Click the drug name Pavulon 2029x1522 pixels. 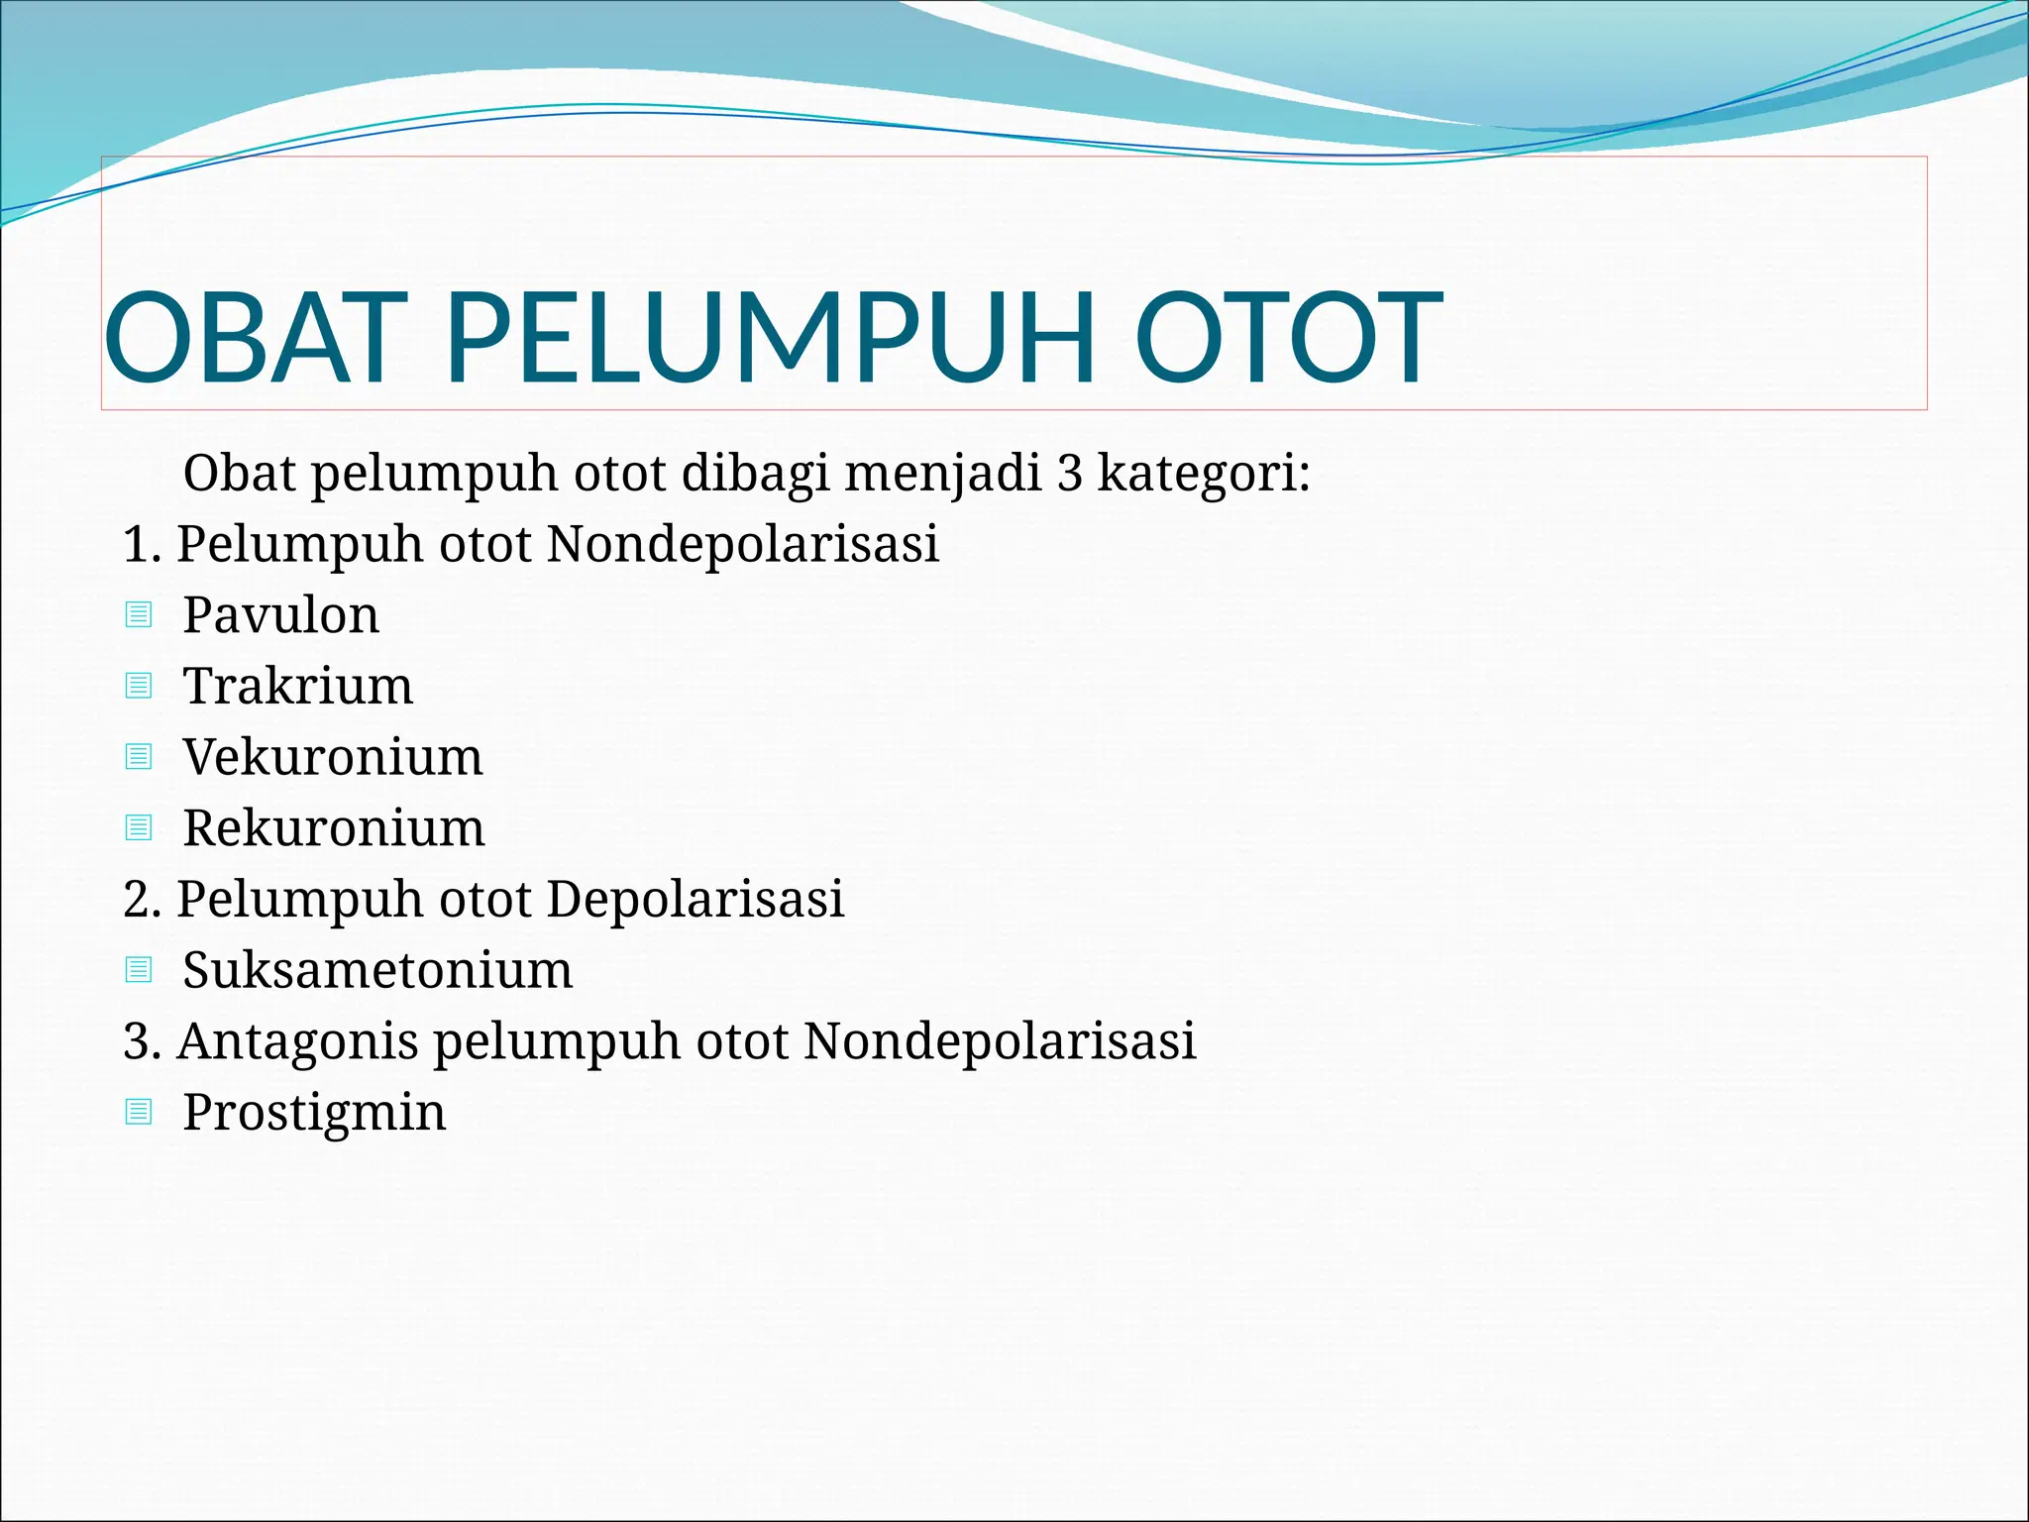pos(280,615)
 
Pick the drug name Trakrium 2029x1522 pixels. pos(297,686)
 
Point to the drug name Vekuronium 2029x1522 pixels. pos(333,757)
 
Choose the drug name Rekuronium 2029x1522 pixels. pos(334,827)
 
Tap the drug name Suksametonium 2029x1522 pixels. pos(377,970)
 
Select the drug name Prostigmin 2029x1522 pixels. pos(314,1112)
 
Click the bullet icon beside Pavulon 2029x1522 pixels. pos(139,615)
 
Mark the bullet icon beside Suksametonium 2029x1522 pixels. pos(139,970)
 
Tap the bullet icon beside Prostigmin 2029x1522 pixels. pos(139,1112)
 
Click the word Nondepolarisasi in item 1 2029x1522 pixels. pos(742,544)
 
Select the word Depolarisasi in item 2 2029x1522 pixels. pos(694,899)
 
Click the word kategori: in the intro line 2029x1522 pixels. pos(1204,474)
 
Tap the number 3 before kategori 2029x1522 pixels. pos(1069,474)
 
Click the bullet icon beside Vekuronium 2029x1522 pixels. pos(139,757)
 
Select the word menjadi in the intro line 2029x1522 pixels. pos(942,474)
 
